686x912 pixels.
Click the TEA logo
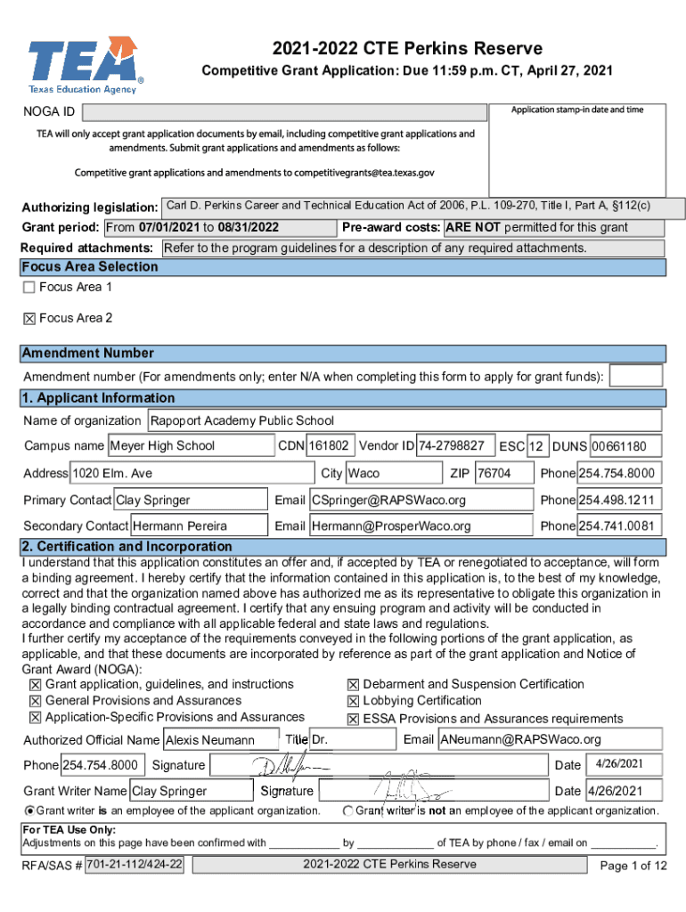(x=85, y=65)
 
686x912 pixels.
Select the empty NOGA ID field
(x=285, y=112)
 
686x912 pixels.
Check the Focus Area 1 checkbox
(x=29, y=287)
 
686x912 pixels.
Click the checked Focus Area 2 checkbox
(x=29, y=318)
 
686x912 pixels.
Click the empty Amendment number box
(x=635, y=376)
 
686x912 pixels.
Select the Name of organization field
(x=404, y=420)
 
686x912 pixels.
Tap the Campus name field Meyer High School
(x=190, y=445)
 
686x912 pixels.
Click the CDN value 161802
(x=331, y=444)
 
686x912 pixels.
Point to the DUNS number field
(x=626, y=445)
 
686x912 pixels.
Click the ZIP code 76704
(x=502, y=473)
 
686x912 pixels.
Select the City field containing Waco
(x=391, y=473)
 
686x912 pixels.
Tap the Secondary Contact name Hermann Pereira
(x=199, y=525)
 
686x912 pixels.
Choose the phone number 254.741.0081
(x=619, y=525)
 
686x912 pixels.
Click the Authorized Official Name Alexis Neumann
(x=220, y=740)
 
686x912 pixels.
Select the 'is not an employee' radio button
(x=348, y=810)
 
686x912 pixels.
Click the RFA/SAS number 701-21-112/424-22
(x=135, y=864)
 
